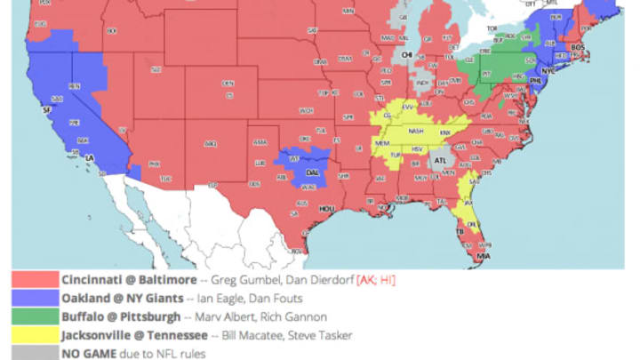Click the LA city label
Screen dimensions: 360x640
[x=89, y=157]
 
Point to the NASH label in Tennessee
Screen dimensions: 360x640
[x=415, y=131]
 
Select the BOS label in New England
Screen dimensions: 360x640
[x=578, y=47]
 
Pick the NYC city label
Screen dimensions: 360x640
[x=548, y=68]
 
